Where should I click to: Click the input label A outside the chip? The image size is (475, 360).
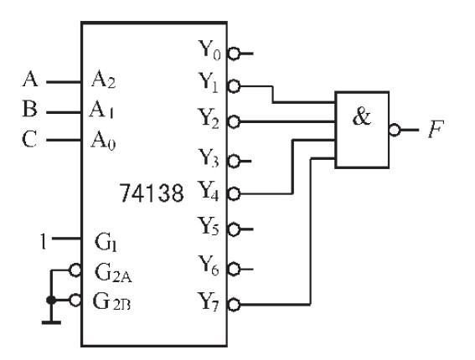[x=29, y=82]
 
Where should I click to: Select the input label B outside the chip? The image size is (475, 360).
[x=29, y=110]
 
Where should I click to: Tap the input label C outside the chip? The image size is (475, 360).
[x=29, y=138]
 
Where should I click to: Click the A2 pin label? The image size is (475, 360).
[x=105, y=82]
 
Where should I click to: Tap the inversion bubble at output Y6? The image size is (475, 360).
[x=234, y=268]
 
